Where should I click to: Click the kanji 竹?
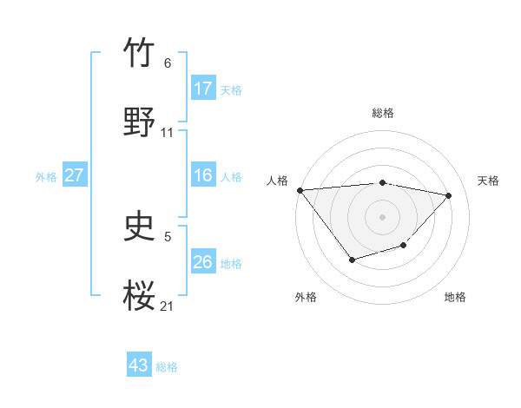(x=140, y=53)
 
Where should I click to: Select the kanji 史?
(x=140, y=227)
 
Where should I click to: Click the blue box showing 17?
(x=203, y=88)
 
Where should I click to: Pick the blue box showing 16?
(x=203, y=175)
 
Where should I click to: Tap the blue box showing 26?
(x=203, y=261)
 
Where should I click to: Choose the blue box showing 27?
(x=74, y=175)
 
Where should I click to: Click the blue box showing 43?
(x=138, y=365)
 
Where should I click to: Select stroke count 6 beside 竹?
(x=167, y=63)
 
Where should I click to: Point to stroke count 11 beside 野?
(x=168, y=133)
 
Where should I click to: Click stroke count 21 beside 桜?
(x=167, y=306)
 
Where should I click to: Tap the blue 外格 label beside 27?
(x=46, y=176)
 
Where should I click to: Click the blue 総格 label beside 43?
(x=167, y=366)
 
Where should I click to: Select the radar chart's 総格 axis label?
(x=383, y=113)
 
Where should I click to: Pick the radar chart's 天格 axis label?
(x=489, y=181)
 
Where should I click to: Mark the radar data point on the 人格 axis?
(x=300, y=190)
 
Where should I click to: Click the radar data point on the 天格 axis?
(x=449, y=195)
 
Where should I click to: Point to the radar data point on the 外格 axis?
(x=352, y=260)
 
